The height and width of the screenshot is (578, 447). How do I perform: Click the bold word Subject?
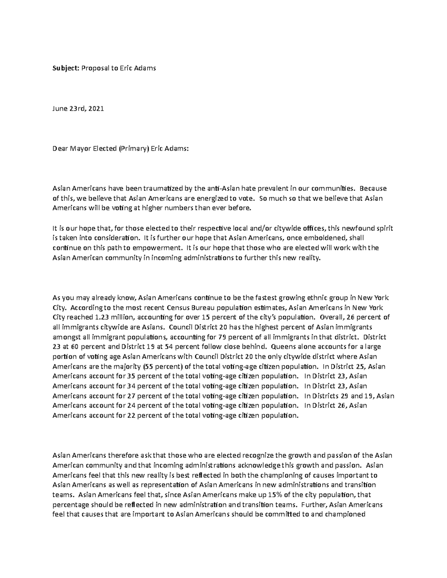65,68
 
